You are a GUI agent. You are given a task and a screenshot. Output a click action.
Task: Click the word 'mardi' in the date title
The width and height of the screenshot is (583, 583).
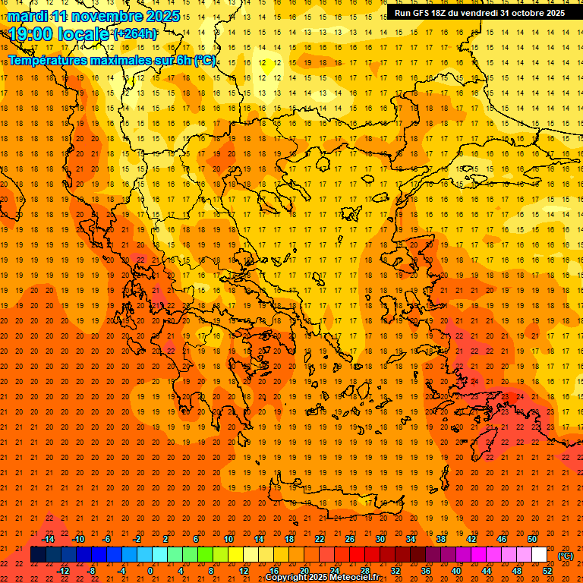click(27, 16)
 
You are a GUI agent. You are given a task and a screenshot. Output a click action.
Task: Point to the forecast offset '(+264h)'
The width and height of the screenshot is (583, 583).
click(135, 33)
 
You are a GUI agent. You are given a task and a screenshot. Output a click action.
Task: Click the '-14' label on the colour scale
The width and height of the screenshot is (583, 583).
click(48, 539)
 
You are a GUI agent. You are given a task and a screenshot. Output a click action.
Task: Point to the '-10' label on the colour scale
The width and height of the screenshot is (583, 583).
click(78, 539)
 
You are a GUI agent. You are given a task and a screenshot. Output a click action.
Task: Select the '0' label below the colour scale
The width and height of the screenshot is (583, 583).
click(150, 571)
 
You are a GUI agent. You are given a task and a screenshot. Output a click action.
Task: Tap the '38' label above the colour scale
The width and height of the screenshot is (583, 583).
click(441, 539)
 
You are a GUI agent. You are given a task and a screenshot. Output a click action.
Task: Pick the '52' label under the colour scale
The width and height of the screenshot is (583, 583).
click(547, 571)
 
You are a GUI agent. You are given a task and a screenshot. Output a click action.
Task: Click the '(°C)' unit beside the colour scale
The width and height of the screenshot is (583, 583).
click(566, 556)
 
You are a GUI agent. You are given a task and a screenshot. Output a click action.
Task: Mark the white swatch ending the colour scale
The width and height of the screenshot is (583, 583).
click(539, 555)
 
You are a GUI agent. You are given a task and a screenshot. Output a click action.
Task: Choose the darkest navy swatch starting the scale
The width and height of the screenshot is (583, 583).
click(38, 555)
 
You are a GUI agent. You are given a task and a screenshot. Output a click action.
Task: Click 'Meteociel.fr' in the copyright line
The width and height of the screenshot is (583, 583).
click(354, 578)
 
